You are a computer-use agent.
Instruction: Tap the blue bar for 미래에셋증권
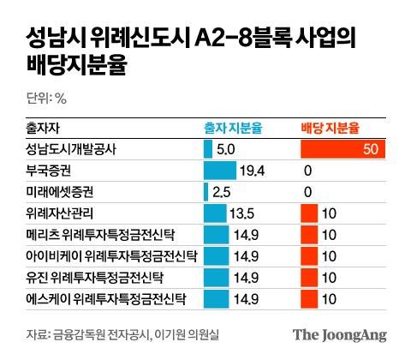(x=206, y=191)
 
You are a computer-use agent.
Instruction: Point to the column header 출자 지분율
(x=232, y=127)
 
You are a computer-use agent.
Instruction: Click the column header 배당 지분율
(x=330, y=127)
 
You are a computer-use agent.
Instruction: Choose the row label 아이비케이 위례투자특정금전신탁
(x=104, y=255)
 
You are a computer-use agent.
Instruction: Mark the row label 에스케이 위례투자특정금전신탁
(x=104, y=298)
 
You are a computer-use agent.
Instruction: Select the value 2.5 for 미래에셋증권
(x=221, y=191)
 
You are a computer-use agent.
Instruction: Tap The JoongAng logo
(x=340, y=334)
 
